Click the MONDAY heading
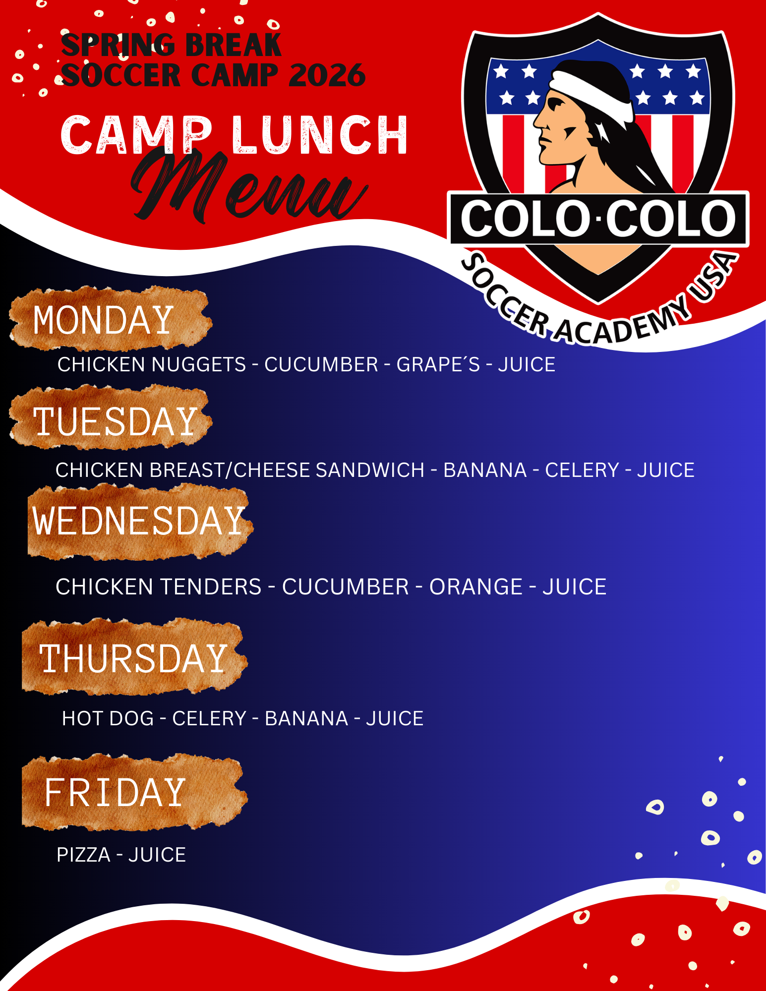pos(103,320)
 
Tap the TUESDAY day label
pos(116,422)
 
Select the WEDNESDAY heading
pos(139,521)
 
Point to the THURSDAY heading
pos(133,658)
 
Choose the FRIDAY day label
pos(115,792)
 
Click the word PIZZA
pos(83,855)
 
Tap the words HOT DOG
pos(108,718)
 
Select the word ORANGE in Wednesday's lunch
pos(476,587)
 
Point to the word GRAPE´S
pos(438,364)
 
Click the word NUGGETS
pos(199,364)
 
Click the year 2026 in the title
pos(327,75)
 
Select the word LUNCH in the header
pos(320,135)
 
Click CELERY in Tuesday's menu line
pos(582,470)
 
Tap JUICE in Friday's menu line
pos(157,855)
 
